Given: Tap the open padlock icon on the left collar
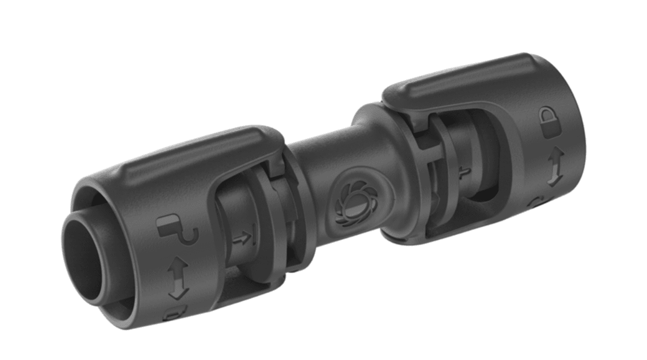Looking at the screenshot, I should (175, 230).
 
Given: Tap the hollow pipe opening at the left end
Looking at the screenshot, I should (84, 256).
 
